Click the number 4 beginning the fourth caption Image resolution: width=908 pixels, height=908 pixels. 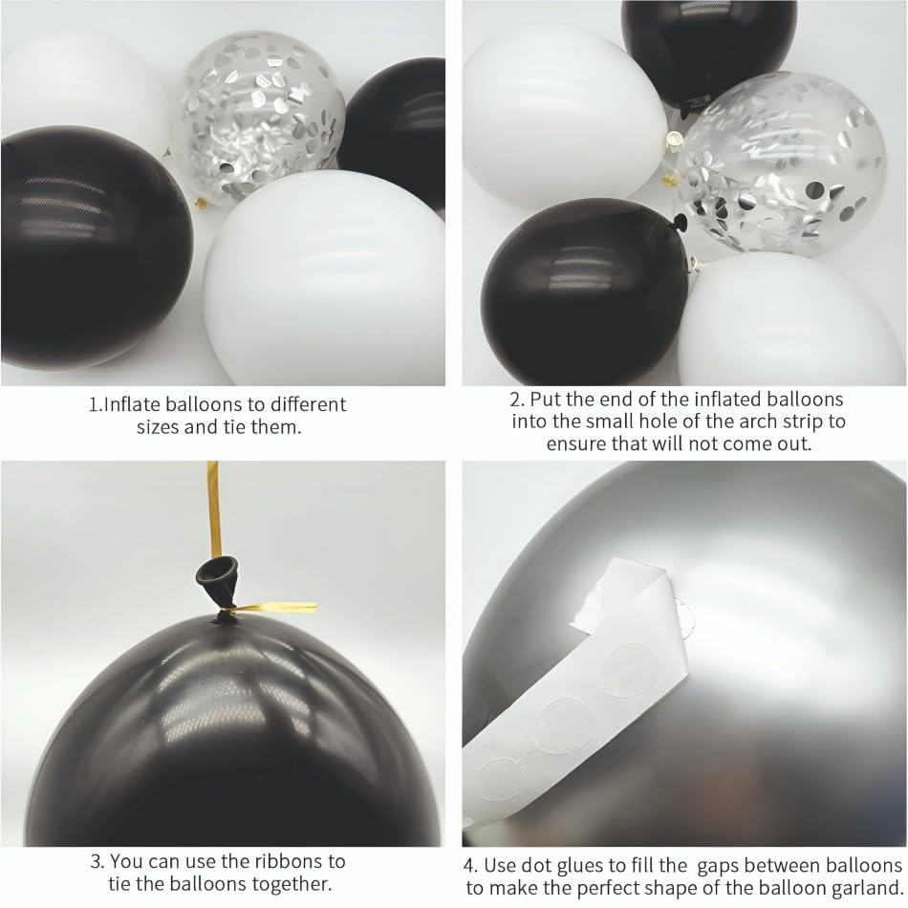click(x=470, y=866)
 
